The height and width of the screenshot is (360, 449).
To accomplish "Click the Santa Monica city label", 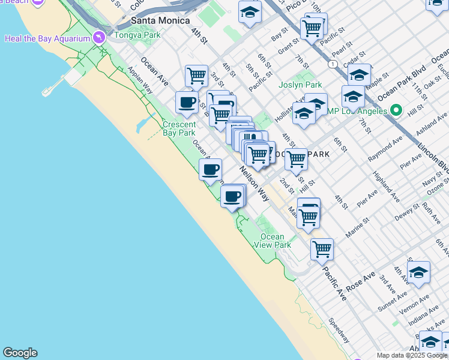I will click(158, 22).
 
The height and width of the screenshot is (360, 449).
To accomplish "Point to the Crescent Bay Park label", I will click(179, 128).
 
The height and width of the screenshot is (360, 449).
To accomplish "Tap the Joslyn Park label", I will click(300, 85).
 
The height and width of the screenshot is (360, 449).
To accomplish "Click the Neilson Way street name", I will click(255, 184).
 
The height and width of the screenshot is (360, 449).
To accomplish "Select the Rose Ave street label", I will click(361, 278).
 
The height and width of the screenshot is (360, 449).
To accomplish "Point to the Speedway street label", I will click(339, 330).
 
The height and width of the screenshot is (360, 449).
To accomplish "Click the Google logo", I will click(20, 353).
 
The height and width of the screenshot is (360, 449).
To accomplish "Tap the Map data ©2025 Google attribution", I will click(412, 355).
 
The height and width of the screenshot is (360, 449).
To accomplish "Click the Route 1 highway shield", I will click(332, 63).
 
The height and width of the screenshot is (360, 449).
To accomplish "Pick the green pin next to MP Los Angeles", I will click(396, 111).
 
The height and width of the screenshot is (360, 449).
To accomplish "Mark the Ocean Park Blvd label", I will click(400, 79).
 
